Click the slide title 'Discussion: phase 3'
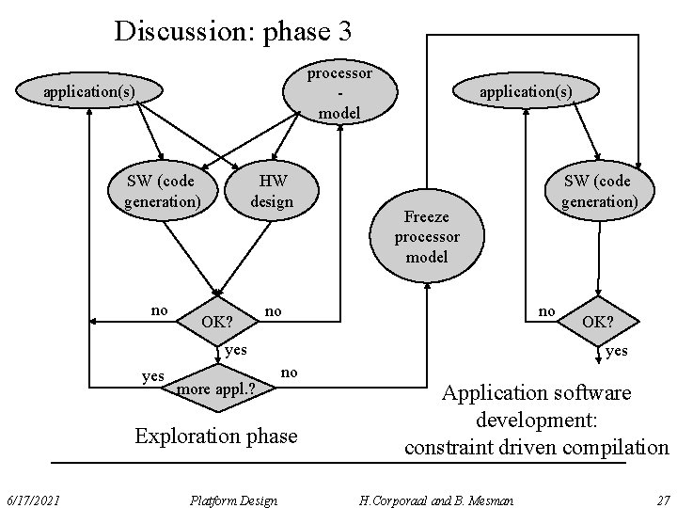coord(232,31)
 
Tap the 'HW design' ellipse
coord(272,190)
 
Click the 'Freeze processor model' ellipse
coord(427,237)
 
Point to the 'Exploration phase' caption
coord(215,436)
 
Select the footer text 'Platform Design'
coord(233,500)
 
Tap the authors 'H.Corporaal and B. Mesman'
coord(434,500)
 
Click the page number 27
coord(662,500)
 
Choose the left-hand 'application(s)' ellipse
coord(89,91)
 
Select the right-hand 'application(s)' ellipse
coord(525,91)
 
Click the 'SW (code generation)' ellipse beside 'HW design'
coord(162,190)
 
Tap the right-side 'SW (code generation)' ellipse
coord(597,190)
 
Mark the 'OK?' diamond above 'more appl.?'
coord(217,322)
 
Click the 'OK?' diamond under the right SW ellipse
coord(598,322)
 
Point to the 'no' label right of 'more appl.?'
coord(290,373)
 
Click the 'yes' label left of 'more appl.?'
coord(152,376)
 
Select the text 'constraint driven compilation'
coord(536,447)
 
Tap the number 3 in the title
coord(342,32)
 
